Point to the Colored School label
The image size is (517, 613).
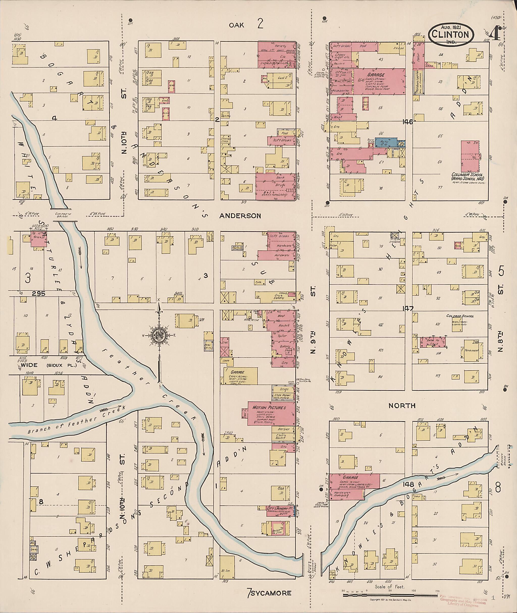460,316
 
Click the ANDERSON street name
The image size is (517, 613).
240,216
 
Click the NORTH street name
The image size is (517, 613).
402,406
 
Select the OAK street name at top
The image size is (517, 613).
236,25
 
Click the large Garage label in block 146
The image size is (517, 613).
376,75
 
